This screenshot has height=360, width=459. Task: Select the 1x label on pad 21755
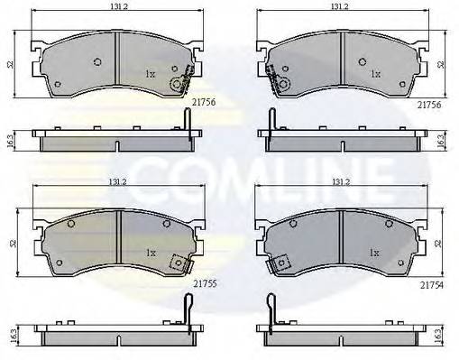pyautogui.click(x=151, y=252)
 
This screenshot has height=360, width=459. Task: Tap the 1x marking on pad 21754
pyautogui.click(x=372, y=252)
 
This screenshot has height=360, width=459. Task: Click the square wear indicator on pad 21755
pyautogui.click(x=179, y=263)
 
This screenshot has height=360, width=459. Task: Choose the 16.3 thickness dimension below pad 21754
pyautogui.click(x=439, y=332)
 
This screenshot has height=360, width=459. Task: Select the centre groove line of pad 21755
pyautogui.click(x=120, y=239)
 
